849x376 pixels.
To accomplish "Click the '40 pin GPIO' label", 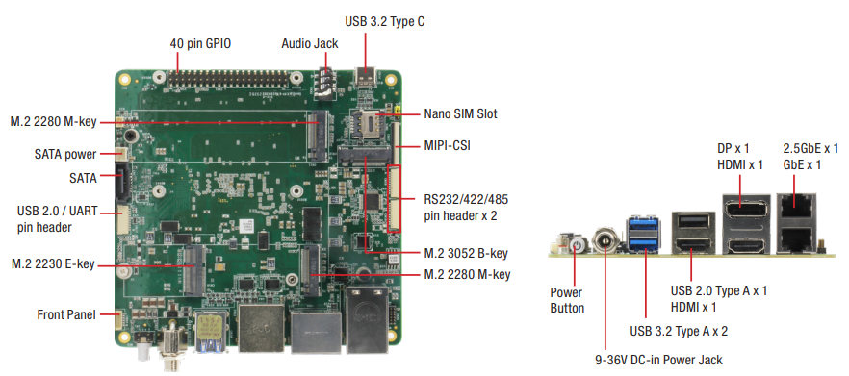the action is tap(200, 43).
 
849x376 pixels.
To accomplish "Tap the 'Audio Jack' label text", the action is tap(310, 43).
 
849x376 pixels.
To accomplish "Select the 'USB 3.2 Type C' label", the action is tap(385, 22).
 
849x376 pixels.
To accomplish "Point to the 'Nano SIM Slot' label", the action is tap(460, 113).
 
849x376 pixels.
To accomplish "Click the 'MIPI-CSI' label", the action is tap(448, 145).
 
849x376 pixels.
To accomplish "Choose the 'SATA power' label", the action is tap(65, 154).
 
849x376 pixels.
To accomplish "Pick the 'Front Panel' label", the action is tap(66, 314).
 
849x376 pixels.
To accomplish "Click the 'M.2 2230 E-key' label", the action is tap(53, 264).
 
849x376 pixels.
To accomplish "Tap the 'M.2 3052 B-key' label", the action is tap(466, 253).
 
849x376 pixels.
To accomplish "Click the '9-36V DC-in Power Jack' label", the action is tap(658, 360).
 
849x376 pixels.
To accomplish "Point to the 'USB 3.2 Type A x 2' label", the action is tap(679, 331).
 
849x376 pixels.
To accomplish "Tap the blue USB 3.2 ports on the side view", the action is tap(643, 235).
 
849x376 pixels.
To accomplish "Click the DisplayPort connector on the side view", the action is tap(746, 212).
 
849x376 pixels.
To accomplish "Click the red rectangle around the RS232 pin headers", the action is tap(395, 198).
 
